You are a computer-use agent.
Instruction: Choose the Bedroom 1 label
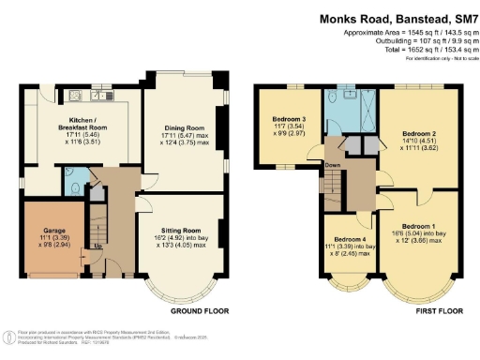(x=420, y=227)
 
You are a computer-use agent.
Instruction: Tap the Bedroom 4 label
(x=344, y=238)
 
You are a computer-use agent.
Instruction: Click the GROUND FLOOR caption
(x=197, y=308)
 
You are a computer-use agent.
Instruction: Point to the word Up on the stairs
(x=97, y=247)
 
